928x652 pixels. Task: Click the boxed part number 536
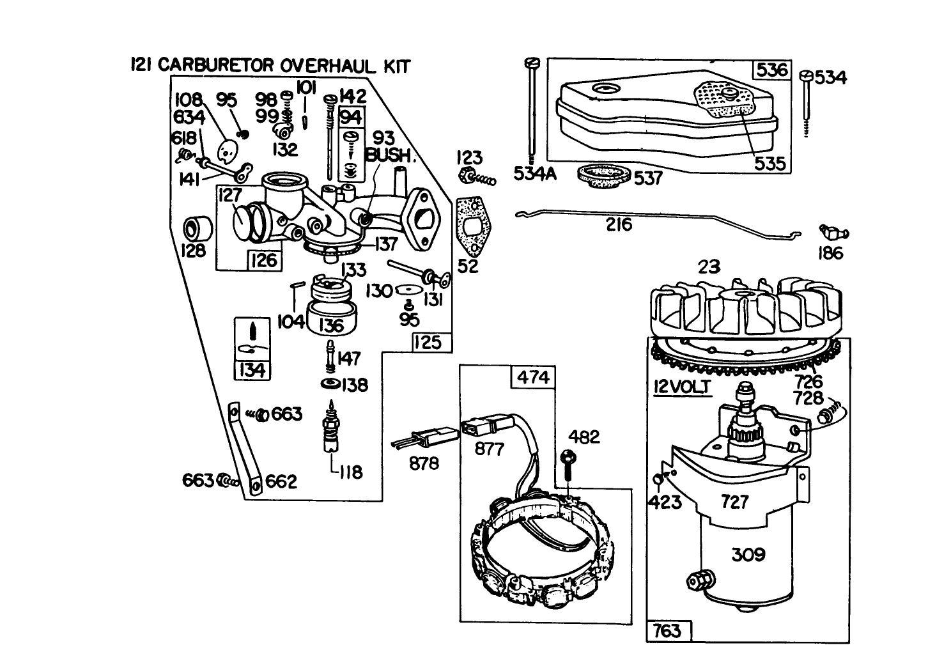pyautogui.click(x=772, y=70)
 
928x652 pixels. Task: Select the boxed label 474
pyautogui.click(x=533, y=378)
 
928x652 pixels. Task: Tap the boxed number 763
pyautogui.click(x=667, y=631)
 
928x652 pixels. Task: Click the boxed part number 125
pyautogui.click(x=427, y=342)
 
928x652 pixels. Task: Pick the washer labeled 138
pyautogui.click(x=331, y=384)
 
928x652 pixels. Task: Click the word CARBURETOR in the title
pyautogui.click(x=216, y=65)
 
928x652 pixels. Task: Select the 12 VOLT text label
pyautogui.click(x=681, y=387)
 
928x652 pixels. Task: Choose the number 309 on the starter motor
pyautogui.click(x=747, y=554)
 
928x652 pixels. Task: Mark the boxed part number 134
pyautogui.click(x=252, y=369)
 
